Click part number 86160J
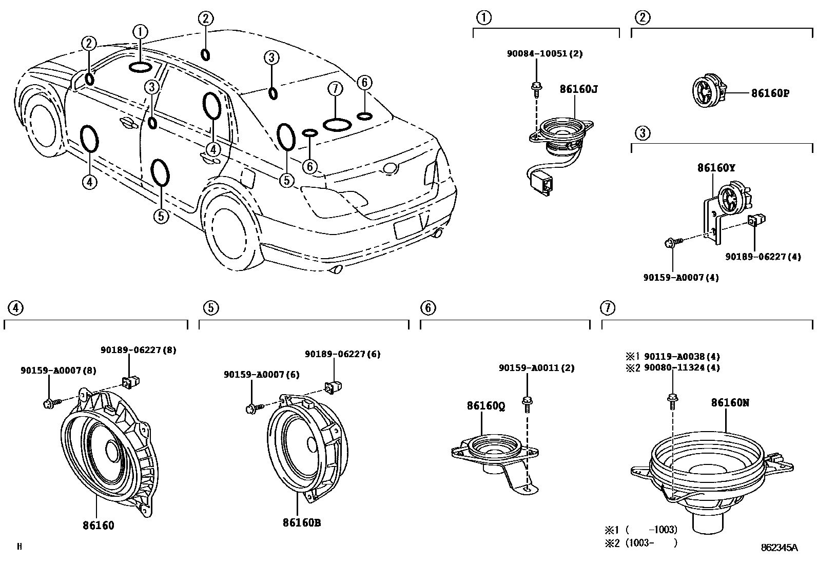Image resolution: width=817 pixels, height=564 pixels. click(x=578, y=89)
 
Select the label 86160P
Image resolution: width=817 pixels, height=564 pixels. click(x=770, y=93)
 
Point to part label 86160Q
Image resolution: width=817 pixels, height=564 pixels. click(x=485, y=406)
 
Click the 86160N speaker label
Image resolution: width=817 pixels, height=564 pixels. click(x=730, y=403)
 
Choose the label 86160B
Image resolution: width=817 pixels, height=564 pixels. click(x=301, y=523)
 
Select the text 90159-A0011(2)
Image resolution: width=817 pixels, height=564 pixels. click(x=536, y=368)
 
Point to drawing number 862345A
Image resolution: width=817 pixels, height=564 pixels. click(x=779, y=548)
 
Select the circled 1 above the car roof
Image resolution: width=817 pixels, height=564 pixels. click(x=140, y=32)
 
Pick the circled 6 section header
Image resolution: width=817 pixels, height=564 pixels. click(x=427, y=308)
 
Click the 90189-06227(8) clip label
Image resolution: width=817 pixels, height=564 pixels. click(x=138, y=350)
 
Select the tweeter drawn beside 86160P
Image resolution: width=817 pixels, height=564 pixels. click(x=707, y=92)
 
